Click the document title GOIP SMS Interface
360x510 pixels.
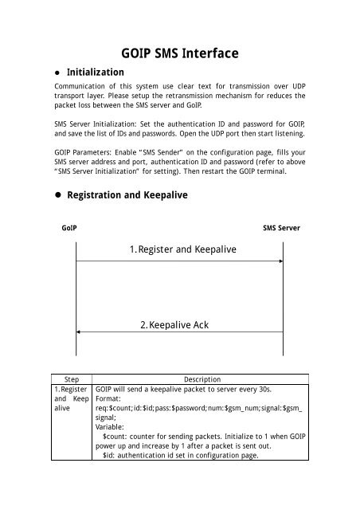pos(179,54)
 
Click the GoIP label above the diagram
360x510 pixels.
pos(69,227)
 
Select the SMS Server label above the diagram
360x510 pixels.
pos(284,227)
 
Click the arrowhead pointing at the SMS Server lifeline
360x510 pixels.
pos(281,262)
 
